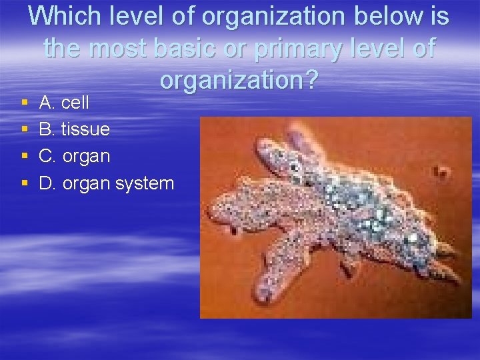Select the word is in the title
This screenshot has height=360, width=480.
[438, 17]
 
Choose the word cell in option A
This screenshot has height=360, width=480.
[75, 103]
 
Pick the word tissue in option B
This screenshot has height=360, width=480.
[85, 129]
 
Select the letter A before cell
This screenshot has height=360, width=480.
[46, 103]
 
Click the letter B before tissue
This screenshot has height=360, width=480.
[46, 129]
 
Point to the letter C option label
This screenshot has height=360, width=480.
[47, 156]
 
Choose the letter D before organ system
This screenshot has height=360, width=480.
[47, 183]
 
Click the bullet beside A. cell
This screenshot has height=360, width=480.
[24, 103]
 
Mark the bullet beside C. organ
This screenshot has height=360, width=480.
[24, 157]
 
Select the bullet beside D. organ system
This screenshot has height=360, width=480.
[24, 183]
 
